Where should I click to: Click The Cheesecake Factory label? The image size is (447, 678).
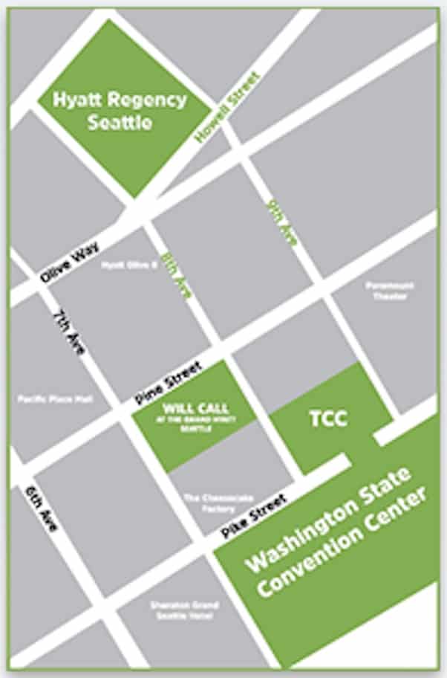pyautogui.click(x=209, y=503)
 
